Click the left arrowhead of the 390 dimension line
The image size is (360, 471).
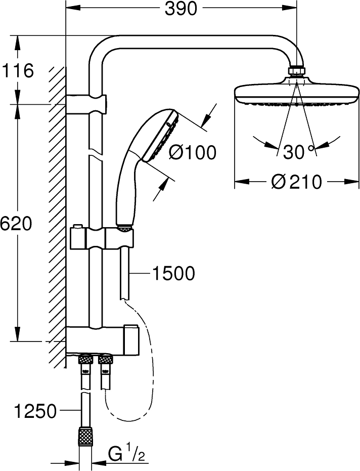coord(73,9)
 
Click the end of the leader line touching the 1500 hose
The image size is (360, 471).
coord(130,273)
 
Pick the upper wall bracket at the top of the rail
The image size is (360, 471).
coord(86,104)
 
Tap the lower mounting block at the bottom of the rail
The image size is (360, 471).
coord(102,340)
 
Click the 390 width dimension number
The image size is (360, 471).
coord(181,9)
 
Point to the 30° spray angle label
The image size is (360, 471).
coord(298,152)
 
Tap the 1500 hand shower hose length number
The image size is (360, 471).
coord(173,273)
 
